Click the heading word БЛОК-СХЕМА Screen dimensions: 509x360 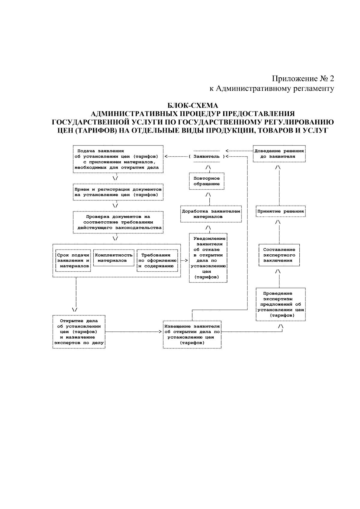point(192,106)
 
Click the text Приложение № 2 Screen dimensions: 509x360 point(303,79)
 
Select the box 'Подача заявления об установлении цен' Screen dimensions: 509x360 point(118,159)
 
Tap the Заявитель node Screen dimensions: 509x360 point(207,157)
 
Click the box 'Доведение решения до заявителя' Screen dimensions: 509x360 point(279,154)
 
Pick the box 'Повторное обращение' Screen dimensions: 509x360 point(207,181)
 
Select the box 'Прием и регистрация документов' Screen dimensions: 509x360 point(118,192)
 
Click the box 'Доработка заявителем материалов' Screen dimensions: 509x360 point(211,214)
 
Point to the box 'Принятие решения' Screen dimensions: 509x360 point(280,211)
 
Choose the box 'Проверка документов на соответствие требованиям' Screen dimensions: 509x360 point(118,222)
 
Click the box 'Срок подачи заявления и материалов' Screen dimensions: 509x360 point(73,260)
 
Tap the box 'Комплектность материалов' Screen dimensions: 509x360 point(114,258)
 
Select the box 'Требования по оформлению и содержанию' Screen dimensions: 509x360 point(157,260)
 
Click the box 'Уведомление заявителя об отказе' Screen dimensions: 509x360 point(208,258)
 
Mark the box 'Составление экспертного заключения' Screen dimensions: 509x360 point(279,255)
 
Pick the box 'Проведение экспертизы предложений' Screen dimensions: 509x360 point(280,304)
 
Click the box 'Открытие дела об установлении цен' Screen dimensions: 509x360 point(79,332)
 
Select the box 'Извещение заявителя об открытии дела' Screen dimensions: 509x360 point(192,334)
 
